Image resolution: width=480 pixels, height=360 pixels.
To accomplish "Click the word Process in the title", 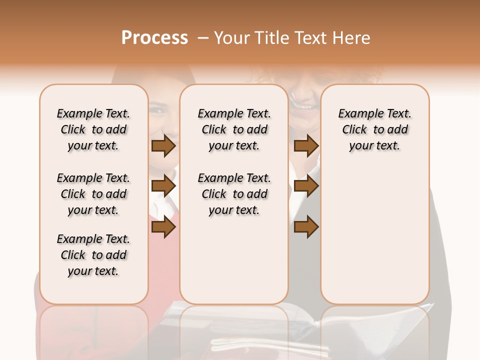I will [154, 38].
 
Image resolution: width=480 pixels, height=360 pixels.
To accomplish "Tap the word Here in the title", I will [351, 38].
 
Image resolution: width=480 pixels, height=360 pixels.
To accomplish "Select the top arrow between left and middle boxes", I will [163, 146].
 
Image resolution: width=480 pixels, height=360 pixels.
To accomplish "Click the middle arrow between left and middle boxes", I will [163, 186].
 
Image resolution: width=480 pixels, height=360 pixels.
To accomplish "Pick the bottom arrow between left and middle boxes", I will [163, 227].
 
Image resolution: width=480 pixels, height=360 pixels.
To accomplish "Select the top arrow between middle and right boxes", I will [306, 146].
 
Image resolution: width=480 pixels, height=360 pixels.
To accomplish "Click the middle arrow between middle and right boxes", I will [306, 186].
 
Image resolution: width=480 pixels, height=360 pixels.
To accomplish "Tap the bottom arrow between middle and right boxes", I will [306, 227].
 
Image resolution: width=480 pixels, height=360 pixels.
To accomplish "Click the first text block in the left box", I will [93, 129].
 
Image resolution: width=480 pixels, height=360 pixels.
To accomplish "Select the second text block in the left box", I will [93, 194].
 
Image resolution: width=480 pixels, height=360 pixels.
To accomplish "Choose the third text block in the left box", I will [93, 255].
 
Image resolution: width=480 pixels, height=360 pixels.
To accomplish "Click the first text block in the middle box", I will [234, 129].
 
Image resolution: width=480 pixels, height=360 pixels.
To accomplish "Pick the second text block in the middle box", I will [234, 194].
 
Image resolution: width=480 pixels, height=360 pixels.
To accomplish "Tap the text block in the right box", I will [374, 129].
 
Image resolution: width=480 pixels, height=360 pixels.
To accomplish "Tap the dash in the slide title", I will [203, 38].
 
